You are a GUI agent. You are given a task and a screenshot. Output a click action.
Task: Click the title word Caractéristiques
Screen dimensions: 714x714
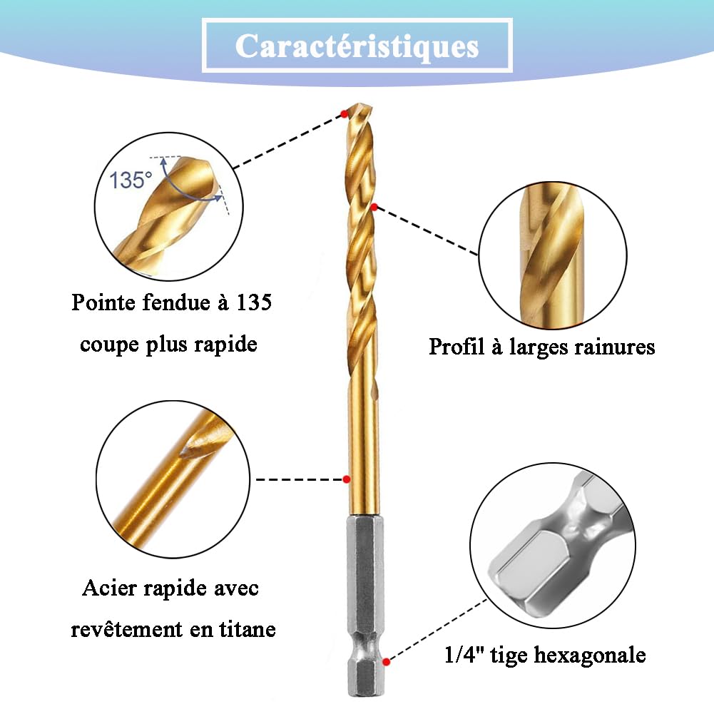pyautogui.click(x=357, y=46)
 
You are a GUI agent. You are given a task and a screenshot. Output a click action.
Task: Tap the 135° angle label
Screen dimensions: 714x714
pyautogui.click(x=131, y=180)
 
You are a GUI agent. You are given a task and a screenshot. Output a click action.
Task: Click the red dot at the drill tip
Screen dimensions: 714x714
pyautogui.click(x=345, y=114)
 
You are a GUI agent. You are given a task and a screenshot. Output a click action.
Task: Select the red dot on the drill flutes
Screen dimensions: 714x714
pyautogui.click(x=374, y=207)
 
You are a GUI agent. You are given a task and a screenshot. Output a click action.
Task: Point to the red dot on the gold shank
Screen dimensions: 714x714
pyautogui.click(x=347, y=479)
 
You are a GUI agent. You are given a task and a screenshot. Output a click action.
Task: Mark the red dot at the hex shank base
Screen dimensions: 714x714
pyautogui.click(x=387, y=662)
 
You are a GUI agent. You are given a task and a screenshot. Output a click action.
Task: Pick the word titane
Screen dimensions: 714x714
pyautogui.click(x=248, y=629)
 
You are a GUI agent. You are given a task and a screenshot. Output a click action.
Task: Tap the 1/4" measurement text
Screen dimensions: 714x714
pyautogui.click(x=464, y=655)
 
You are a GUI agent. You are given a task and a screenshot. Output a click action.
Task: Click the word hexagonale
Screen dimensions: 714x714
pyautogui.click(x=590, y=656)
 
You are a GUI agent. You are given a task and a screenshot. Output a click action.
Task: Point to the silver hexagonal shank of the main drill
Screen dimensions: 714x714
pyautogui.click(x=364, y=606)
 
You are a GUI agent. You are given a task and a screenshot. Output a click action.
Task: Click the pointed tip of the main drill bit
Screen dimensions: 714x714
pyautogui.click(x=359, y=104)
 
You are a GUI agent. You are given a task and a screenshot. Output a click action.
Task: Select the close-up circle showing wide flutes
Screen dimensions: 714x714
pyautogui.click(x=553, y=256)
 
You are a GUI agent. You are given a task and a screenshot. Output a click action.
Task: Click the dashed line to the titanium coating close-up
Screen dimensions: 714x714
pyautogui.click(x=299, y=479)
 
